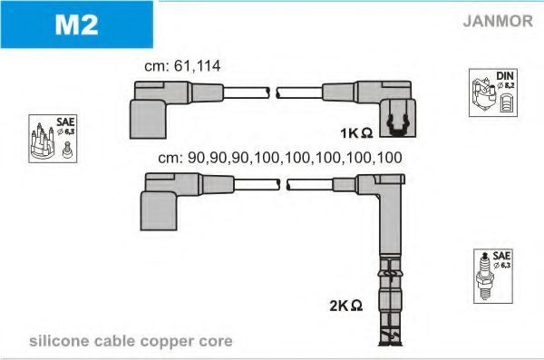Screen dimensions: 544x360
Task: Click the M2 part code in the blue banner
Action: [76, 24]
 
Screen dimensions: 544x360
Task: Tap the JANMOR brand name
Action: [498, 21]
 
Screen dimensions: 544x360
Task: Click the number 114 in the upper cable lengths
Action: [209, 66]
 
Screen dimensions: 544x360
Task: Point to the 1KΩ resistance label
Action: [356, 132]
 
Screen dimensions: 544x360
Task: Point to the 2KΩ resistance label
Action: [346, 306]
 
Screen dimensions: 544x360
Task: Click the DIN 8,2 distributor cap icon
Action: [493, 92]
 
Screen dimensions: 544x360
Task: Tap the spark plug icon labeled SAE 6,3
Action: [493, 276]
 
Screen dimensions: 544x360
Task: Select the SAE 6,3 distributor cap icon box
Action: [53, 139]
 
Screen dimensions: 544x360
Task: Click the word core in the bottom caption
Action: [216, 342]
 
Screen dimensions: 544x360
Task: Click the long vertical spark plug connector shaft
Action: [391, 222]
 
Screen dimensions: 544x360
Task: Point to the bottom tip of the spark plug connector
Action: [390, 345]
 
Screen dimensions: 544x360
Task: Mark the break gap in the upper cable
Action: [273, 92]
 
